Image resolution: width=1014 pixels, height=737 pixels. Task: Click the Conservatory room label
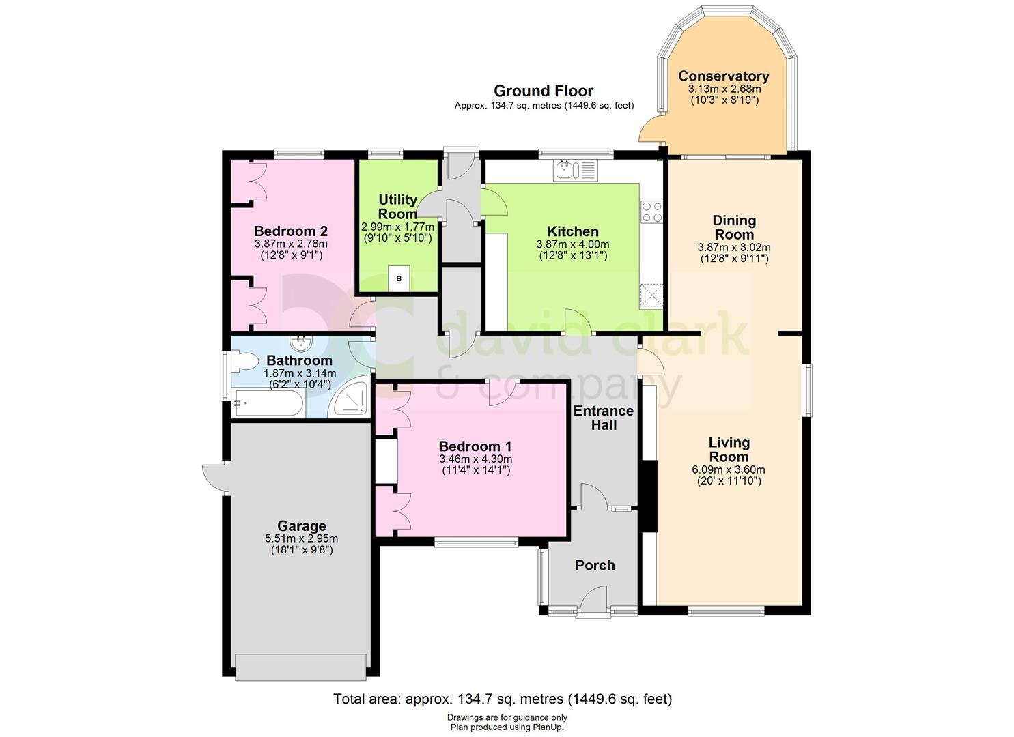[724, 76]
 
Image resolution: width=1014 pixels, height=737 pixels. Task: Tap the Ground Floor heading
[543, 91]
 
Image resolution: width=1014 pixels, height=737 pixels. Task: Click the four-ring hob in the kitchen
[651, 212]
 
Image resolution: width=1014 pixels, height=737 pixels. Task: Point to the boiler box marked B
[399, 278]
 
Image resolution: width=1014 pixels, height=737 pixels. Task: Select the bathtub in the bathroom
[267, 404]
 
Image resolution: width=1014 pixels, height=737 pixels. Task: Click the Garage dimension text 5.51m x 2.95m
[301, 538]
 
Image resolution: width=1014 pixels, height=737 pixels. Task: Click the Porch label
[595, 565]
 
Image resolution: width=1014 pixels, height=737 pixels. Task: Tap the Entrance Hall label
[603, 418]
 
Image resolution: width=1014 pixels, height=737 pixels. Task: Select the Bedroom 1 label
[475, 446]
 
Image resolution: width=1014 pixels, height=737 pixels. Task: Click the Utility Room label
[397, 206]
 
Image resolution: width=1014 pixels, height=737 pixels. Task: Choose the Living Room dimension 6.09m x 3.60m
[729, 469]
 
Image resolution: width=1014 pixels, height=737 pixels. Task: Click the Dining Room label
[734, 227]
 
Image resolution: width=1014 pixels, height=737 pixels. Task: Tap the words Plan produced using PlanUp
[507, 727]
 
